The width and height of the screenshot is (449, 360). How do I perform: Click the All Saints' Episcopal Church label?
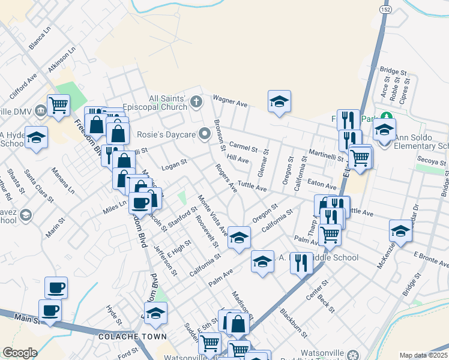click(x=168, y=103)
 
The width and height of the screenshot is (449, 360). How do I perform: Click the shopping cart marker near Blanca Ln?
click(x=59, y=106)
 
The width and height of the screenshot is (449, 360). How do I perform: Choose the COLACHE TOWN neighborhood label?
click(x=133, y=337)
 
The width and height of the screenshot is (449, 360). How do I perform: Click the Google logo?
click(x=20, y=353)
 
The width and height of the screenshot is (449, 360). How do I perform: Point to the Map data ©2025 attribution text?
click(x=424, y=355)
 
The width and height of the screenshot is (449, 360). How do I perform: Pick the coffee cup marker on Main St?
click(x=50, y=311)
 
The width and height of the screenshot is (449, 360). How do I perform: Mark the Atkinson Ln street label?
click(x=62, y=61)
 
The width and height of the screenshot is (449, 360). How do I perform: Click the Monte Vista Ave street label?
click(x=212, y=214)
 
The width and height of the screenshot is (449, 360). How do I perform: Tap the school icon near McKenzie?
click(x=400, y=230)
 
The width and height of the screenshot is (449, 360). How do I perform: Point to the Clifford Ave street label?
click(x=23, y=86)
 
